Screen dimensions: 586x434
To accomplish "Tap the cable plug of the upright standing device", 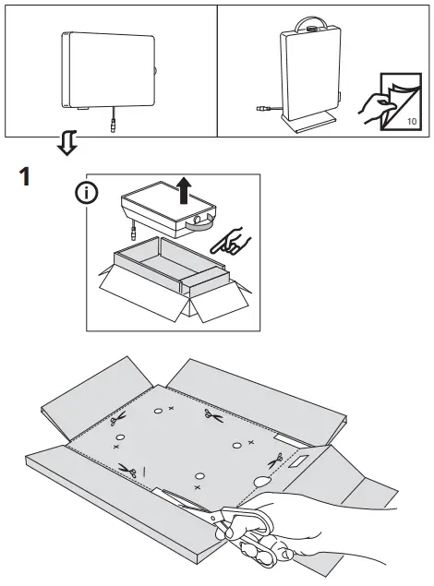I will tap(260, 108).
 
